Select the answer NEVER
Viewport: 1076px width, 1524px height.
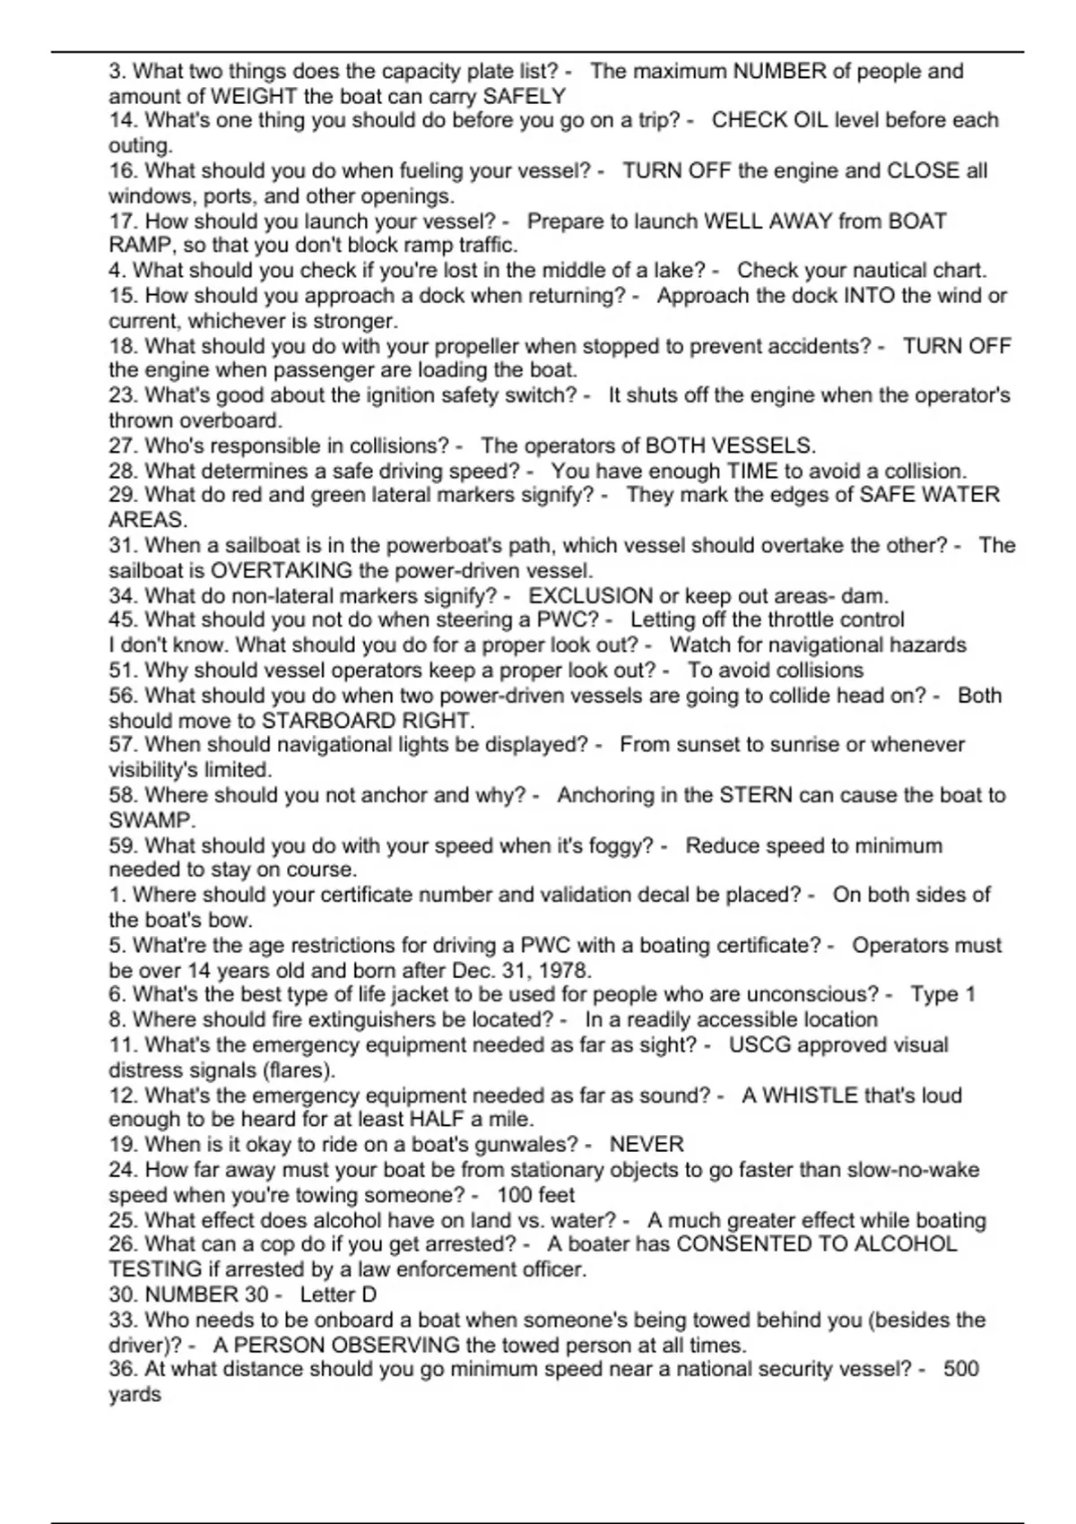[x=646, y=1145]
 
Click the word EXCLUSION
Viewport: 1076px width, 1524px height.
[x=591, y=596]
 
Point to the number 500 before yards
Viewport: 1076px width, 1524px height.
[x=960, y=1369]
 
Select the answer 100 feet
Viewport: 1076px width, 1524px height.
[x=535, y=1195]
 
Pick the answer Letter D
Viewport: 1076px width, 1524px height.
[x=338, y=1295]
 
